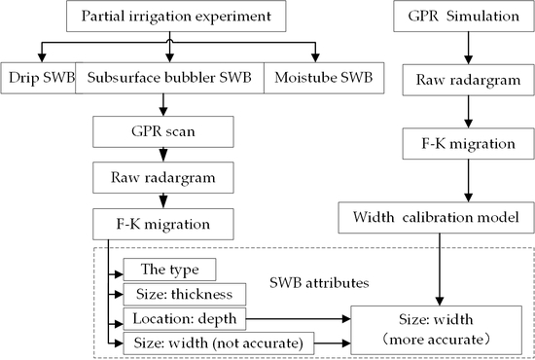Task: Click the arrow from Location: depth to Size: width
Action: [x=296, y=317]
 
